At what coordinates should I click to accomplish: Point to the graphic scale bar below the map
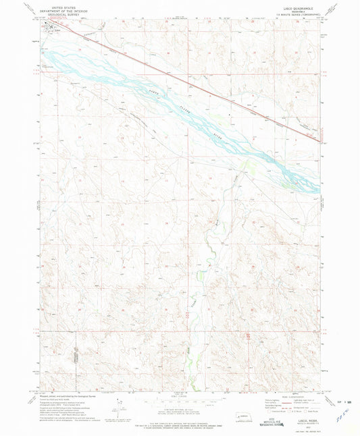pos(179,403)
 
